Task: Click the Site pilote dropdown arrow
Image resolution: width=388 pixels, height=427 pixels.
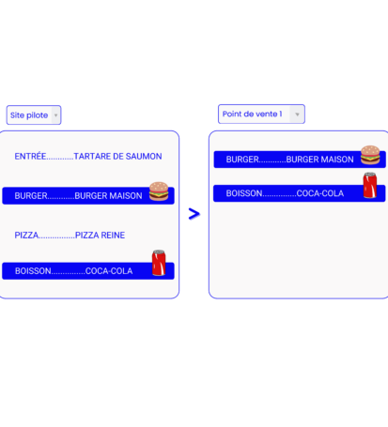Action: (x=55, y=115)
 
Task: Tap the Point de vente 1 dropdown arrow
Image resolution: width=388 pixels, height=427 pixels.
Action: (x=297, y=114)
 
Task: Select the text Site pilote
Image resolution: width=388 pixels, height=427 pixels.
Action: (x=29, y=115)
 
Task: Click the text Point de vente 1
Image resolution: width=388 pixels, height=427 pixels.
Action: (x=252, y=114)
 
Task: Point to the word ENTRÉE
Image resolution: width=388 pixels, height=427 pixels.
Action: (x=30, y=156)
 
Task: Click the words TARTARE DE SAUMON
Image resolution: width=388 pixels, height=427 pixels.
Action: (x=117, y=156)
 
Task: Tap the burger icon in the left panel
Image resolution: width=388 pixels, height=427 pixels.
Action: (x=159, y=191)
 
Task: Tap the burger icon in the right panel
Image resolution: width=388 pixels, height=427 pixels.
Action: (x=370, y=155)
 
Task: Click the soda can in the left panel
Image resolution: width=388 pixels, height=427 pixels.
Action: (x=159, y=263)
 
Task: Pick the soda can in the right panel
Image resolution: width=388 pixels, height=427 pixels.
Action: (x=370, y=185)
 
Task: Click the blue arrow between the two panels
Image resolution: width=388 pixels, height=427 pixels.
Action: (x=194, y=214)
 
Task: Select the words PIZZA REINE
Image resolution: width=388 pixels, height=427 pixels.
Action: (x=100, y=235)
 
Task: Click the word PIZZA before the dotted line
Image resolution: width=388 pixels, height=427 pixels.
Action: (x=26, y=235)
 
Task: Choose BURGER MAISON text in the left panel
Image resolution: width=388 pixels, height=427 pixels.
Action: (x=108, y=196)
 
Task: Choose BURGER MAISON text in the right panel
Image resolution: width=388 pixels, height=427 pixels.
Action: (x=319, y=160)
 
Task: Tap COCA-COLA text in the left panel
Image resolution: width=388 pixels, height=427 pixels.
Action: (x=109, y=270)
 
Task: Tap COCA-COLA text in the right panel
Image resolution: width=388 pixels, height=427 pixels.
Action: (x=320, y=193)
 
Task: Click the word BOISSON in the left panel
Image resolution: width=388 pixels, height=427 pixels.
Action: (x=33, y=270)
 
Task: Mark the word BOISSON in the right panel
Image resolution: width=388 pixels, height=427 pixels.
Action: (x=244, y=193)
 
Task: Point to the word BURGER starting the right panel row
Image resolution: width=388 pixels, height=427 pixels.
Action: (x=242, y=160)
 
